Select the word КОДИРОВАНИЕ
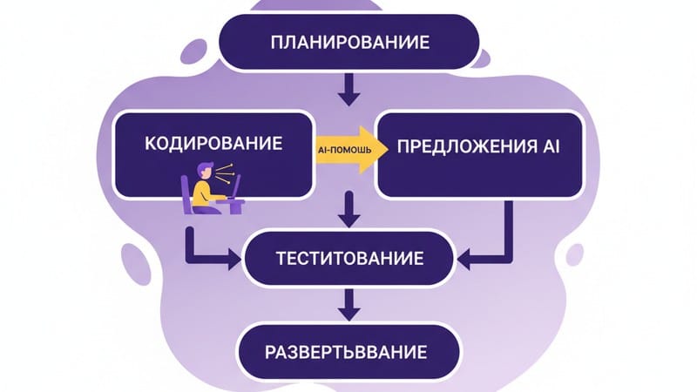214,143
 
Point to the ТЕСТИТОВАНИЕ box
348,259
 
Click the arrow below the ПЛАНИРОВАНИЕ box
348,88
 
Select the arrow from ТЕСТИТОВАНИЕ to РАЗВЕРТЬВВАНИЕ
349,304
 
